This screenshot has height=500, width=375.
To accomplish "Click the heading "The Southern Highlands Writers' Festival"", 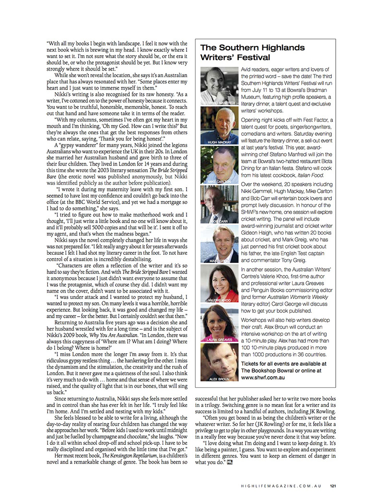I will [252, 53].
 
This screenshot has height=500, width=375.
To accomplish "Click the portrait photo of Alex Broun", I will [220, 363].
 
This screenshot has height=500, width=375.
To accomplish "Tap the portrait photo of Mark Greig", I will [220, 245].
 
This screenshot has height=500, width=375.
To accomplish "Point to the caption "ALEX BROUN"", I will [217, 379].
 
